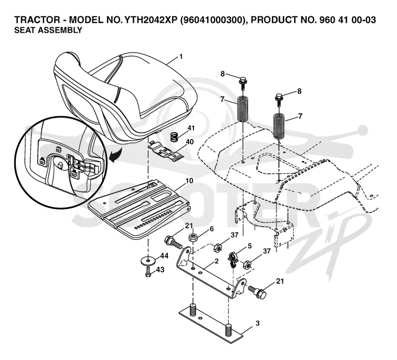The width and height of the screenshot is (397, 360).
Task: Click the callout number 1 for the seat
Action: pos(181,56)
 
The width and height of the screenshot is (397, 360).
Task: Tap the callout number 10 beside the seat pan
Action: pos(189,181)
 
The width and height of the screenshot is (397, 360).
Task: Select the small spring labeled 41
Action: pos(174,137)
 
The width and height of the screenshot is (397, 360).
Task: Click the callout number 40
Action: pos(190,142)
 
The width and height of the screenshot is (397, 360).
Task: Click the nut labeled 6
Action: pos(194,238)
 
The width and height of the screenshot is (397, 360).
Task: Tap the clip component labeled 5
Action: pos(232,260)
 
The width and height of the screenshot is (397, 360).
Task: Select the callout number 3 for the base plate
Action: pos(258,323)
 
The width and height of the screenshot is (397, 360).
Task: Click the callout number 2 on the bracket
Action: pos(216,261)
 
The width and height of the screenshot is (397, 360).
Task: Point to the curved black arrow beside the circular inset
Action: pos(115,155)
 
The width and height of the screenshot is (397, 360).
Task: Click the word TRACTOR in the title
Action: pos(38,20)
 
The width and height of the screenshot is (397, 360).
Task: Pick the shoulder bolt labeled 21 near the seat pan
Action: pos(173,242)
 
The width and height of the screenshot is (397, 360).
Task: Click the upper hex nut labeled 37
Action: pos(217,247)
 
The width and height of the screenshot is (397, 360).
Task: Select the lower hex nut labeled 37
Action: pos(247,265)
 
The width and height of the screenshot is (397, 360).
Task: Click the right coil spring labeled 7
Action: pos(279,127)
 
